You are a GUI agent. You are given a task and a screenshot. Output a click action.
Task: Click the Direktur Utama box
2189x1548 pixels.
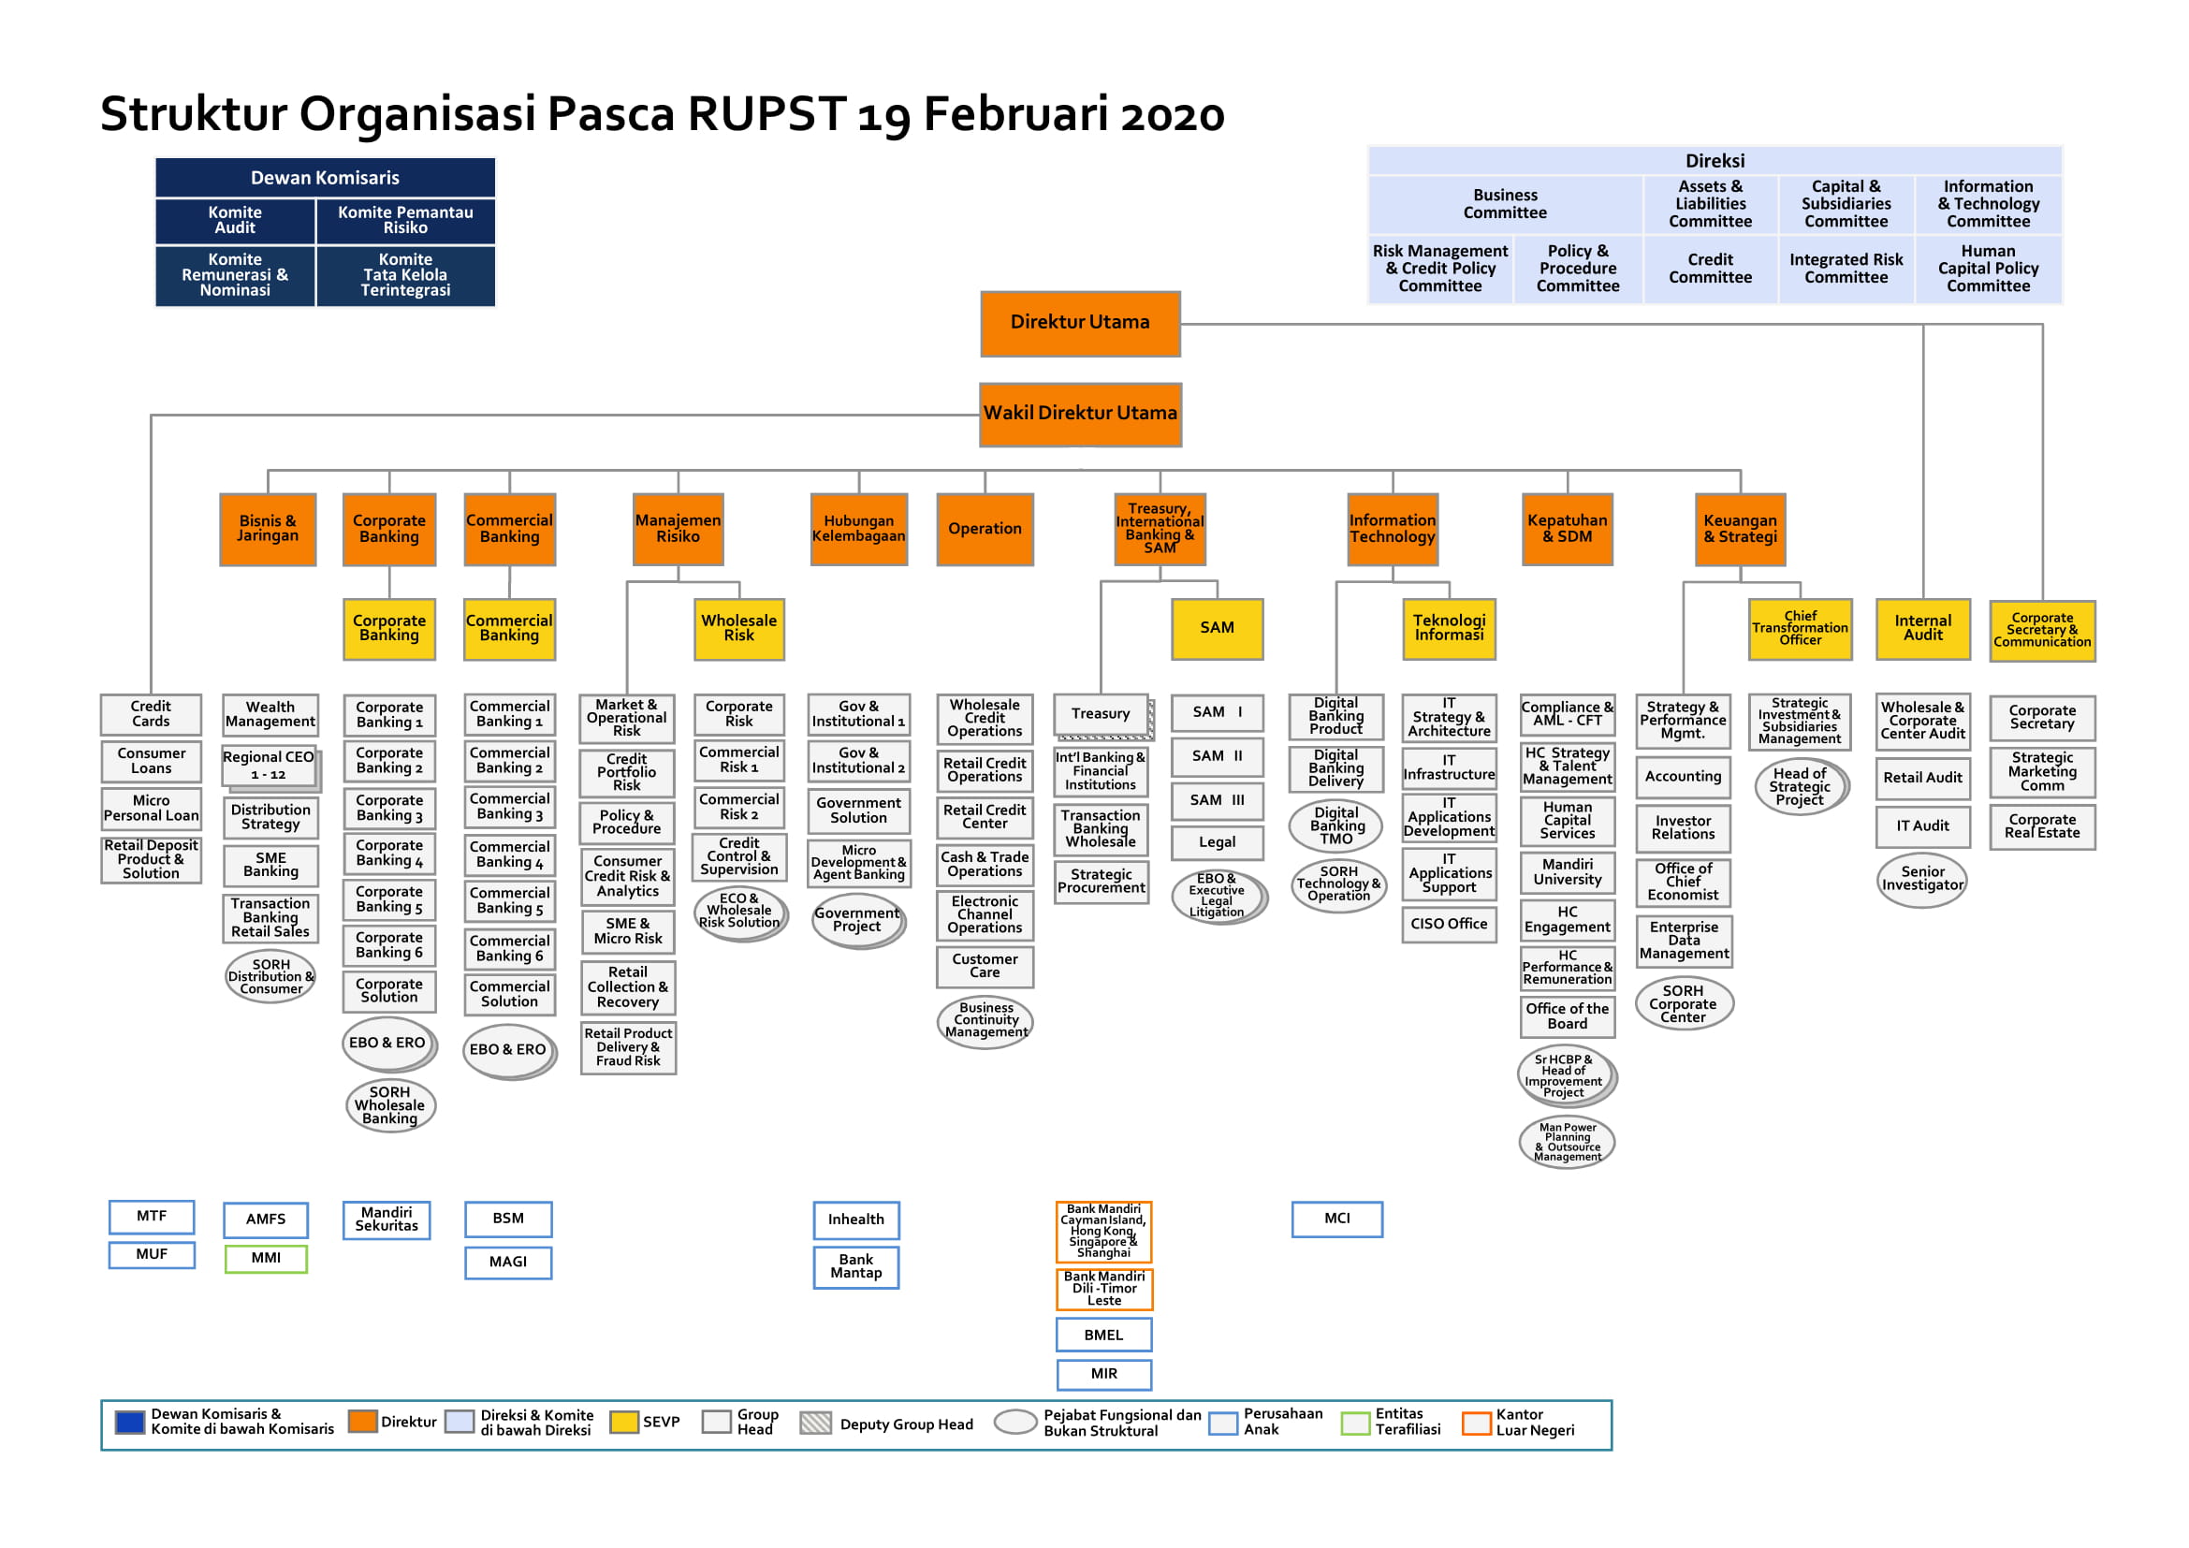tap(1080, 323)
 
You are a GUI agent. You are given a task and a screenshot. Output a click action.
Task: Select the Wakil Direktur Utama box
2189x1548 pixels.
tap(1080, 414)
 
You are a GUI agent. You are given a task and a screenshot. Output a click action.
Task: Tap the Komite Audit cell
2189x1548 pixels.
tap(235, 220)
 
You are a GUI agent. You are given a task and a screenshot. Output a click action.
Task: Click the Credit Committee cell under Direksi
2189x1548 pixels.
tap(1711, 269)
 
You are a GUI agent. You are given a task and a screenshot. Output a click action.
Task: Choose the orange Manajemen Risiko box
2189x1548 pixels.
tap(678, 529)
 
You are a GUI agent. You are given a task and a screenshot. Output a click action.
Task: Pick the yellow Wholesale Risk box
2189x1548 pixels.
tap(739, 628)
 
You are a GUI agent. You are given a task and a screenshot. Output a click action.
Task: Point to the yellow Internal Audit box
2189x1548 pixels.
tap(1922, 628)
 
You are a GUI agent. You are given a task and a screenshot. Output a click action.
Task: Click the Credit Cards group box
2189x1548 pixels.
tap(151, 714)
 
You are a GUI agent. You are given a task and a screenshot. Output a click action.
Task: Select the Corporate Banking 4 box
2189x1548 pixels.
tap(389, 854)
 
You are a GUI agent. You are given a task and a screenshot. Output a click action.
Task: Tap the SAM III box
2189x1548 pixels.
tap(1217, 801)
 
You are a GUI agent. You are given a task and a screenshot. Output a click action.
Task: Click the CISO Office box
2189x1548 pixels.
tap(1448, 924)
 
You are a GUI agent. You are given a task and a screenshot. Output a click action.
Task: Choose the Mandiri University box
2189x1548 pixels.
tap(1567, 872)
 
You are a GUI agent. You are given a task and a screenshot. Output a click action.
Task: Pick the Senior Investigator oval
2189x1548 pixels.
tap(1922, 879)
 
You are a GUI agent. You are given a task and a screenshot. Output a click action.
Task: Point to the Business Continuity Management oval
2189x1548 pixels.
tap(985, 1020)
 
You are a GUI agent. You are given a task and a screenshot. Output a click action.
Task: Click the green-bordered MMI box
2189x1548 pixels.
tap(266, 1258)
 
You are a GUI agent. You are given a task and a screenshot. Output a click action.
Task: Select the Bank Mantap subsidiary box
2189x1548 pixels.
tap(856, 1267)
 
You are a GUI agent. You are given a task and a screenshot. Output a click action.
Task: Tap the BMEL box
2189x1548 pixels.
tap(1103, 1335)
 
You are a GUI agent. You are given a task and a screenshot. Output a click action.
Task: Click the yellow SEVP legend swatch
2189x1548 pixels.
tap(624, 1423)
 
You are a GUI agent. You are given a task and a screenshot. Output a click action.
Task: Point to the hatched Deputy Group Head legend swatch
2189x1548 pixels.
tap(815, 1424)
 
